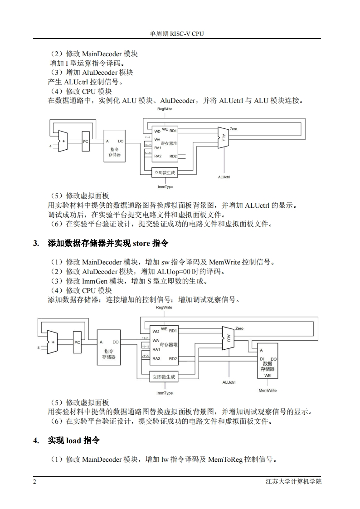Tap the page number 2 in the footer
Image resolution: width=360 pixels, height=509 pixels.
point(34,481)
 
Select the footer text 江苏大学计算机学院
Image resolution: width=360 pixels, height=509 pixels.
point(293,481)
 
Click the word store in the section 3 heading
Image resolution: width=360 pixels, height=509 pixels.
point(143,244)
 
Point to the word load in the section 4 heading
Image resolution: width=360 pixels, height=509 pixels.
point(73,440)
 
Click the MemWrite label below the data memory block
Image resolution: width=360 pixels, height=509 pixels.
point(268,390)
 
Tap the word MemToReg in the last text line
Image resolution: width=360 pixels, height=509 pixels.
point(225,460)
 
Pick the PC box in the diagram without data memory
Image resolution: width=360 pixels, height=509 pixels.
point(86,142)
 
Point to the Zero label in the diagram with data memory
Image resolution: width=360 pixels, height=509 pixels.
point(239,328)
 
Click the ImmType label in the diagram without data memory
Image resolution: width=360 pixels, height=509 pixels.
point(165,187)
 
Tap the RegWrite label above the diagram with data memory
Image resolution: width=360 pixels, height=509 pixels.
point(164,308)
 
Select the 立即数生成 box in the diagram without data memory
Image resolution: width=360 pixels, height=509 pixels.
point(164,173)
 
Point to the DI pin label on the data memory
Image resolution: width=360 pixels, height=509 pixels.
point(262,359)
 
